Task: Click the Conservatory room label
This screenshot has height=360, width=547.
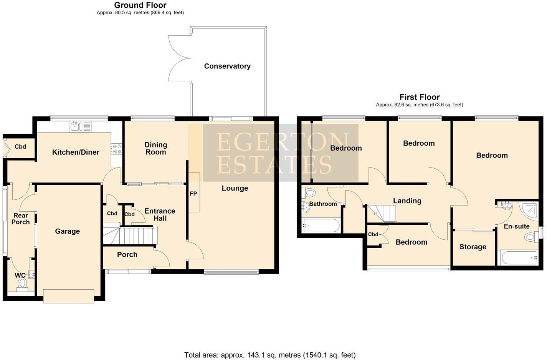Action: (227, 66)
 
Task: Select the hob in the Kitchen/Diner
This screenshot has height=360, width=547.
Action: (117, 149)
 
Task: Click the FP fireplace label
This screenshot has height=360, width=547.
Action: (193, 194)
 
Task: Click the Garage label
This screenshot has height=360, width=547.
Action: (67, 231)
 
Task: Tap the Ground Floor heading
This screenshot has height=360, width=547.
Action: (140, 5)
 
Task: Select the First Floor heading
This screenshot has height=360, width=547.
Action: (419, 97)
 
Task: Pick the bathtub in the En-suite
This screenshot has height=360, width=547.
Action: (518, 257)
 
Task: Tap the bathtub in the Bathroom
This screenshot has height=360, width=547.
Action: (321, 225)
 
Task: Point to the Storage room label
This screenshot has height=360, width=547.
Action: (473, 247)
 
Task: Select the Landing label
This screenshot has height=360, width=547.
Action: (407, 201)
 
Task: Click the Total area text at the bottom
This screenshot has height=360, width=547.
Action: (270, 355)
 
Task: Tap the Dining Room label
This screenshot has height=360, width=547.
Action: (155, 148)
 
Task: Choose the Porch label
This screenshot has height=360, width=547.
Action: (127, 254)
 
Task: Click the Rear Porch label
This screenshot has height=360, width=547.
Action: (20, 219)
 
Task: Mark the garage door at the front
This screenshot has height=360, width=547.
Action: (68, 296)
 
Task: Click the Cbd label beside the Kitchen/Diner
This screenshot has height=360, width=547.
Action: (20, 146)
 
